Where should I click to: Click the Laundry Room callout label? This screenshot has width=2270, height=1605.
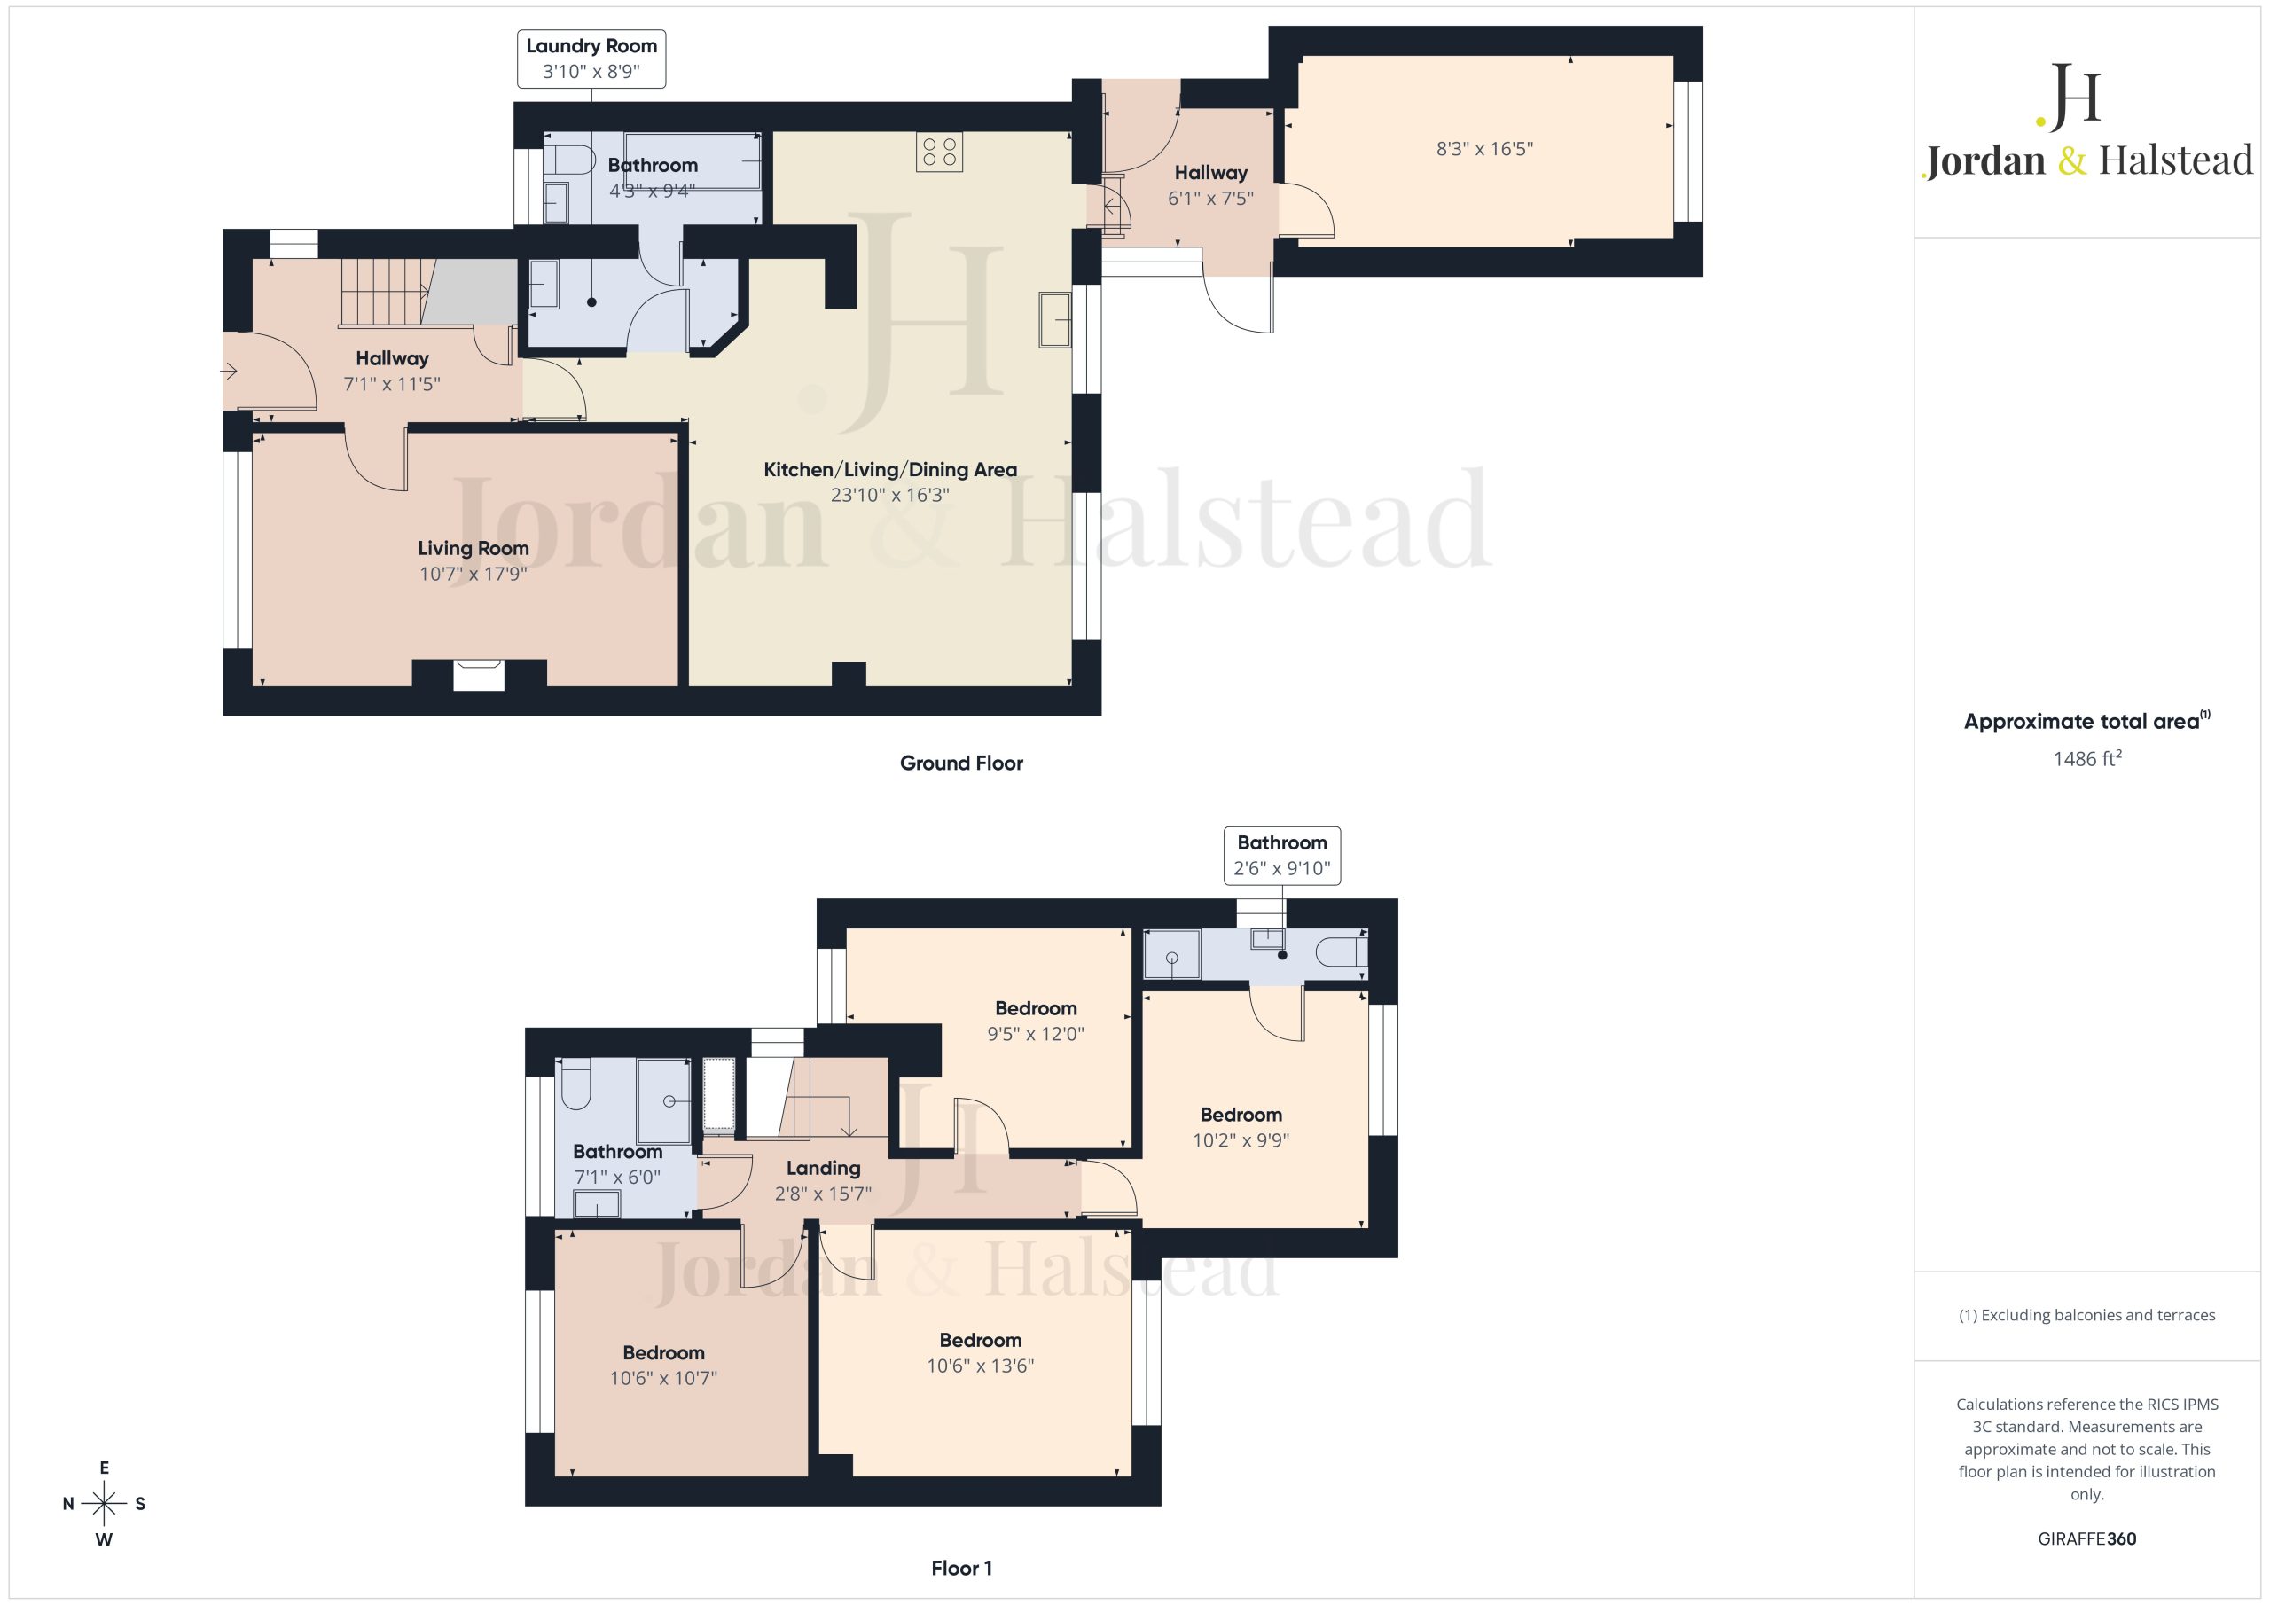(x=591, y=59)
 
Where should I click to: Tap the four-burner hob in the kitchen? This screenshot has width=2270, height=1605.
(x=939, y=153)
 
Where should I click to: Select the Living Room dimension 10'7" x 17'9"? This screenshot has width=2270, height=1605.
(x=473, y=574)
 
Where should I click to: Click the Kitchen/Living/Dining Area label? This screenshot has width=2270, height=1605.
(x=889, y=470)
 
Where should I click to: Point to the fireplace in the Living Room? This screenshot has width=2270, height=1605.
(x=479, y=675)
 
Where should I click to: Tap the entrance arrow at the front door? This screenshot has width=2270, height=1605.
(x=229, y=372)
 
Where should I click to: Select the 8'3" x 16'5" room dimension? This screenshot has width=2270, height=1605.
(x=1484, y=149)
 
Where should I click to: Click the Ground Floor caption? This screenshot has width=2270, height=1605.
(x=961, y=763)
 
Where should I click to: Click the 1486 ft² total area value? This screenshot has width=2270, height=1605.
(x=2086, y=758)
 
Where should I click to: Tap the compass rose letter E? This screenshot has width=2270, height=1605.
(x=104, y=1468)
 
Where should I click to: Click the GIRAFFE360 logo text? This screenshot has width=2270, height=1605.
(x=2086, y=1538)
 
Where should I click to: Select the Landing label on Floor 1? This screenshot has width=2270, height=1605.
(x=823, y=1168)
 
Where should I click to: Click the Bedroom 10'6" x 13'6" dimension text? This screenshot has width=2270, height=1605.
(x=980, y=1366)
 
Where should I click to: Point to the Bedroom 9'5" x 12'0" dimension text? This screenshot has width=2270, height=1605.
(x=1035, y=1033)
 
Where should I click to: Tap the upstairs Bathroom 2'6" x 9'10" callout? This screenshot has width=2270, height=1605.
(x=1281, y=856)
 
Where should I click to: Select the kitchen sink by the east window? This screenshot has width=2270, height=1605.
(x=1055, y=319)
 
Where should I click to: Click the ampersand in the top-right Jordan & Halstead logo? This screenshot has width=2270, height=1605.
(x=2071, y=161)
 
